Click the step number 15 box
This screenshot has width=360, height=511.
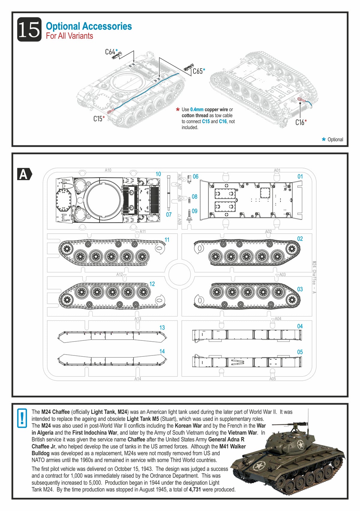(x=29, y=29)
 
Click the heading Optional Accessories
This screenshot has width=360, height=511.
(x=89, y=26)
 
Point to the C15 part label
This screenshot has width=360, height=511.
(x=98, y=119)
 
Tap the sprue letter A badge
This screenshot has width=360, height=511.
(x=24, y=174)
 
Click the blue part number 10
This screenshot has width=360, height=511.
(x=158, y=174)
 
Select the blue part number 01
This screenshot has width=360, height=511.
(x=300, y=177)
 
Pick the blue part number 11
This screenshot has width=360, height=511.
(x=167, y=240)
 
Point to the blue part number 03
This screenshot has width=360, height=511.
(x=300, y=289)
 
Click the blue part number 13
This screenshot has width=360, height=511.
(x=162, y=328)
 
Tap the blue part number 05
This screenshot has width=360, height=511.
(x=300, y=352)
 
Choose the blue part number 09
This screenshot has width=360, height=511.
(x=195, y=211)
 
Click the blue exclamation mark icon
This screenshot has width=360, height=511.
(x=22, y=418)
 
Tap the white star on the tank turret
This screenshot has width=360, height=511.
(x=300, y=444)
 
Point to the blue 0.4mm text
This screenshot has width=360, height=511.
(x=196, y=110)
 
